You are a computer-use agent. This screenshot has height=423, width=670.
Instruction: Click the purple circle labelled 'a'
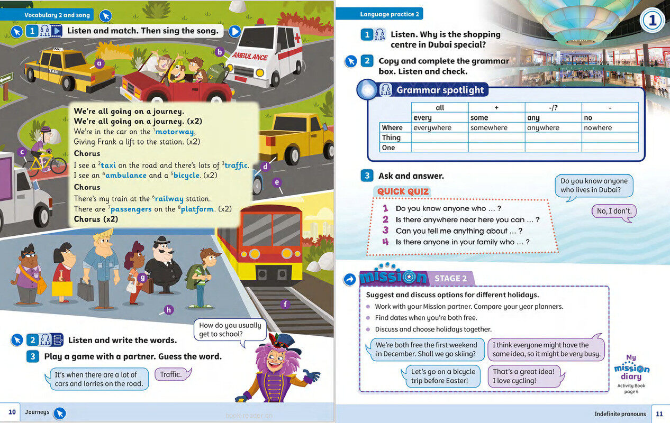[x=98, y=64]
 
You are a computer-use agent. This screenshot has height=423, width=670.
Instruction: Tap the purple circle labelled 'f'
[x=286, y=304]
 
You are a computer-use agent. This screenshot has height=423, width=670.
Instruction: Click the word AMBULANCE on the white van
[x=250, y=56]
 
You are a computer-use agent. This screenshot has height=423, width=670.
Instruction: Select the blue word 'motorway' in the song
[x=175, y=132]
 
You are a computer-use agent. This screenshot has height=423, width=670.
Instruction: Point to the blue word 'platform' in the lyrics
[x=197, y=209]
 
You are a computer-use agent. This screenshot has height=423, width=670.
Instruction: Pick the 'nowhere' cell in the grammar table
[x=597, y=127]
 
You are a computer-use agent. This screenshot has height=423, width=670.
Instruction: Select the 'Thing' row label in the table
[x=391, y=137]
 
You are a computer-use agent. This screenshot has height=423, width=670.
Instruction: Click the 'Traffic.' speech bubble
[x=171, y=374]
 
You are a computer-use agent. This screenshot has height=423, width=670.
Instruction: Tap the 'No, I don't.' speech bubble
[x=614, y=211]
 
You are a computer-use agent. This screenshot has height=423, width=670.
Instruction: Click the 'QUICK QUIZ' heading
[x=403, y=191]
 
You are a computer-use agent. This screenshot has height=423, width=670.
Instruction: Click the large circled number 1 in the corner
[x=653, y=21]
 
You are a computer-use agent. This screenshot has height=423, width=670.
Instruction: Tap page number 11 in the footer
[x=659, y=414]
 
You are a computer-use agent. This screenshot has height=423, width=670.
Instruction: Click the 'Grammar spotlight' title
[x=440, y=90]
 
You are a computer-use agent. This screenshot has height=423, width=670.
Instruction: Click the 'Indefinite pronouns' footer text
[x=620, y=414]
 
